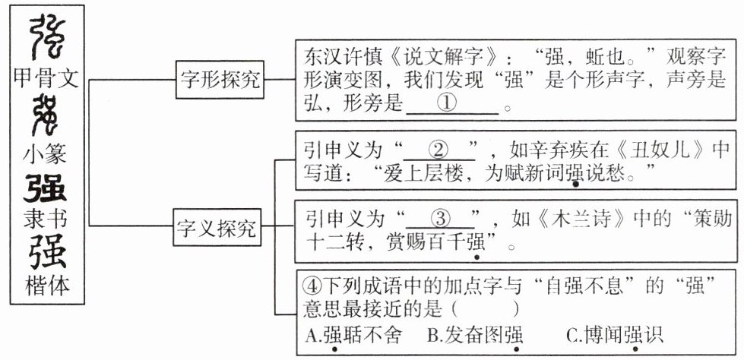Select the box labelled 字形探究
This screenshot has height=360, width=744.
[x=218, y=79]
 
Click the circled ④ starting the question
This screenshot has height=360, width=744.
[x=309, y=286]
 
